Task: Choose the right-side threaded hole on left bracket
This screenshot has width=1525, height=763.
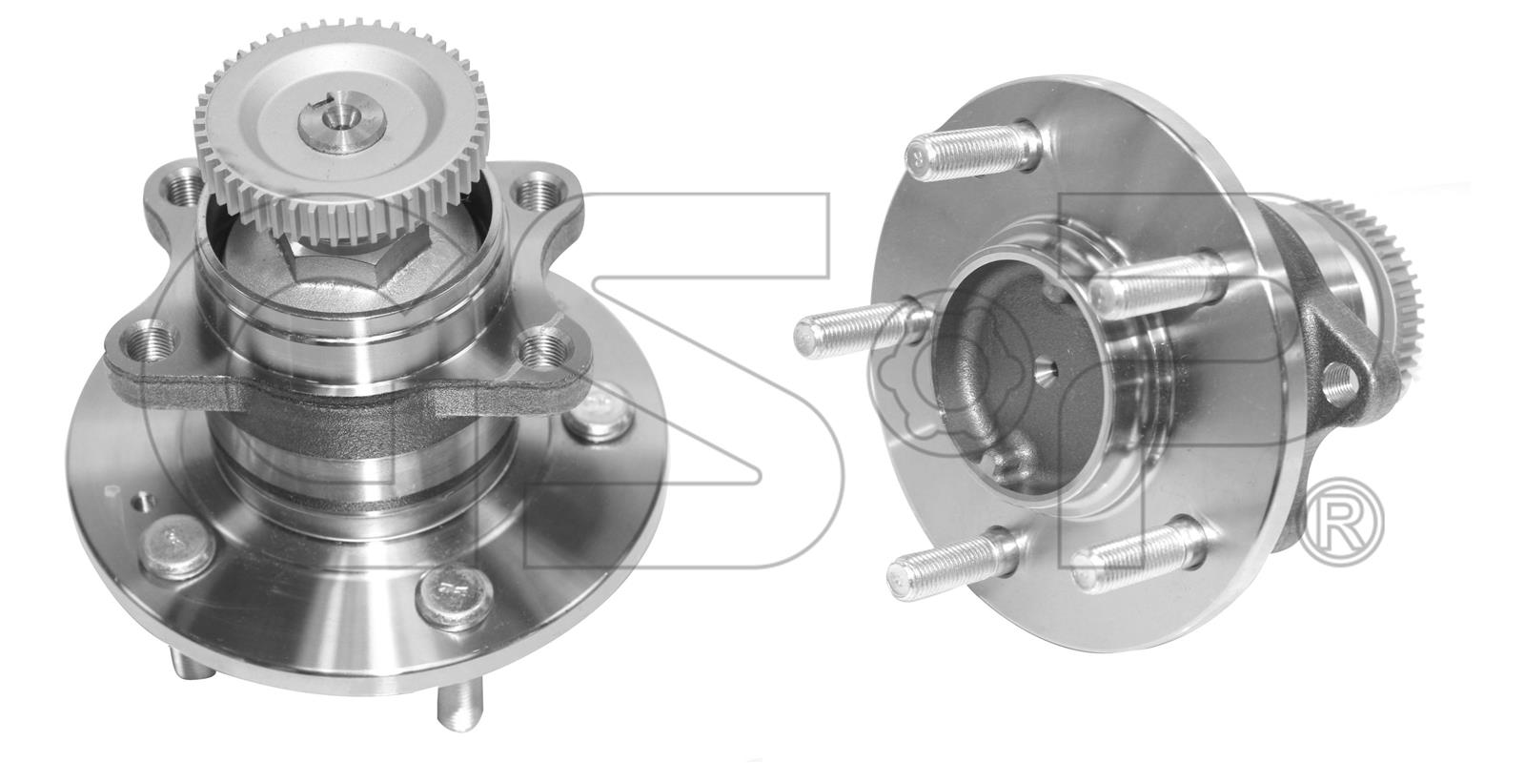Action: tap(545, 345)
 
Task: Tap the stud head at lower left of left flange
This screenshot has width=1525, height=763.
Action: tap(177, 546)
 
